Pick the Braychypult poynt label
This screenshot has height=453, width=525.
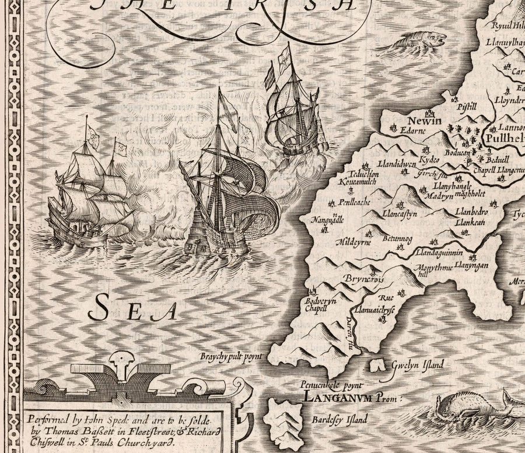[232, 355]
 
